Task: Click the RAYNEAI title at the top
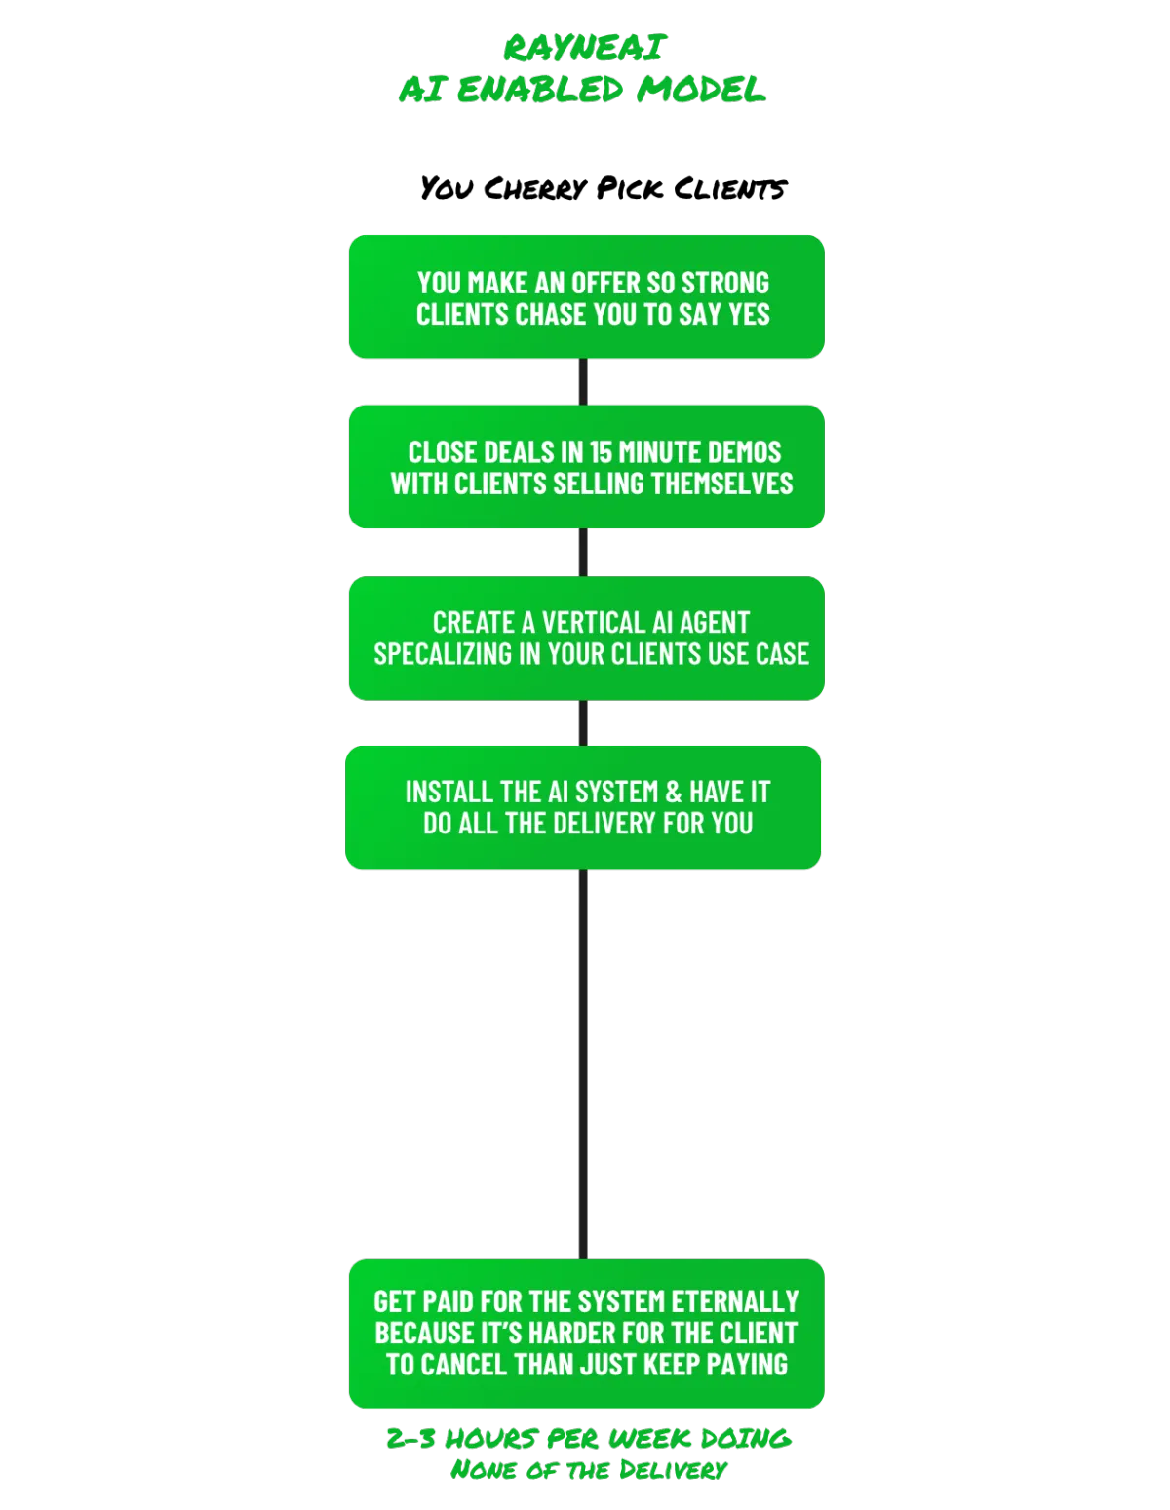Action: [585, 47]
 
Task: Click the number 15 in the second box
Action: [601, 452]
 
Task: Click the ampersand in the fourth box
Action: [673, 792]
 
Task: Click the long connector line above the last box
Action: [585, 1063]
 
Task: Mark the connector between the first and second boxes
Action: [585, 382]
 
